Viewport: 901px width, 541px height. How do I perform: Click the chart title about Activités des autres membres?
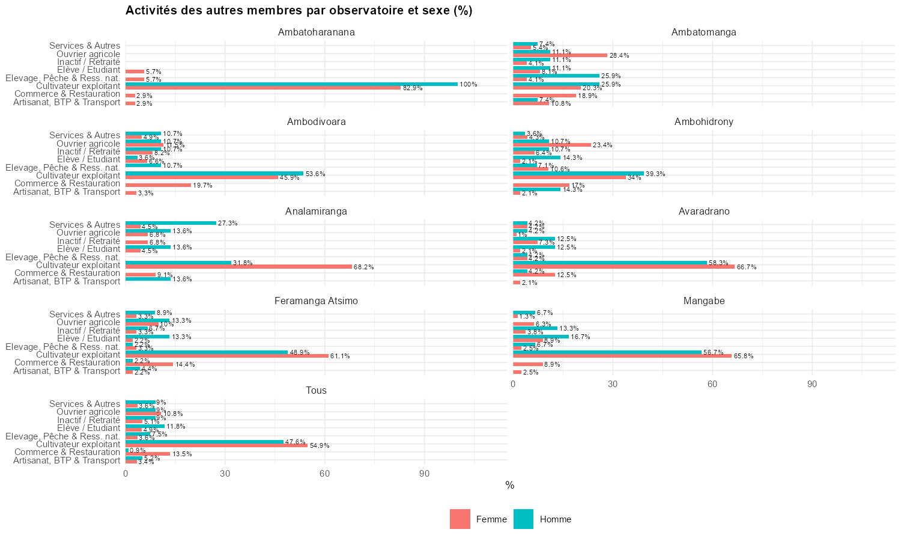pyautogui.click(x=299, y=10)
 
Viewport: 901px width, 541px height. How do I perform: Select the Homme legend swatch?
pyautogui.click(x=524, y=519)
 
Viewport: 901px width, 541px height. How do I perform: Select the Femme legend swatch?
pyautogui.click(x=460, y=519)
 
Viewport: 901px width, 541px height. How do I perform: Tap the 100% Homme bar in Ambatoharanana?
pyautogui.click(x=291, y=84)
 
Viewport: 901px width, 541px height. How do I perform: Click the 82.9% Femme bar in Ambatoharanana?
pyautogui.click(x=263, y=88)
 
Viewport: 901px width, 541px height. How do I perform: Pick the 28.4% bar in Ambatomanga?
pyautogui.click(x=560, y=55)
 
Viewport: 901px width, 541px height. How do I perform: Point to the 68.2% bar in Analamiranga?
pyautogui.click(x=238, y=267)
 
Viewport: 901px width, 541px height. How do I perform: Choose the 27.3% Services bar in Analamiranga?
pyautogui.click(x=171, y=223)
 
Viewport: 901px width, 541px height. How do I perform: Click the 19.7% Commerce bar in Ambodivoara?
pyautogui.click(x=158, y=185)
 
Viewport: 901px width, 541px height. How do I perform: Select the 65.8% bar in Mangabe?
pyautogui.click(x=622, y=356)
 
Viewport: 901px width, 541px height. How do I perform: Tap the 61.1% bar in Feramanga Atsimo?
pyautogui.click(x=227, y=356)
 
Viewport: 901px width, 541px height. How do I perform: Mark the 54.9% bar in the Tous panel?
pyautogui.click(x=216, y=445)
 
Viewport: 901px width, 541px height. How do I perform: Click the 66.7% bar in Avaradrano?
pyautogui.click(x=623, y=266)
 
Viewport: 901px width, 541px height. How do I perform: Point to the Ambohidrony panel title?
pyautogui.click(x=703, y=122)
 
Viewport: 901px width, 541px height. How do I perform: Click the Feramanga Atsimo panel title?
pyautogui.click(x=316, y=301)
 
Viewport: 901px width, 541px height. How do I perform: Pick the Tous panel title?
pyautogui.click(x=316, y=391)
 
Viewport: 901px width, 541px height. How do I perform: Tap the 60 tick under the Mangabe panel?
pyautogui.click(x=712, y=384)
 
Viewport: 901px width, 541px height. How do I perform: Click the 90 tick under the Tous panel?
pyautogui.click(x=424, y=474)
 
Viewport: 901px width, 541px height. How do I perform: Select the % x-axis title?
pyautogui.click(x=510, y=486)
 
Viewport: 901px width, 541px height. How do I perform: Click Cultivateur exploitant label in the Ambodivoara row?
pyautogui.click(x=78, y=176)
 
